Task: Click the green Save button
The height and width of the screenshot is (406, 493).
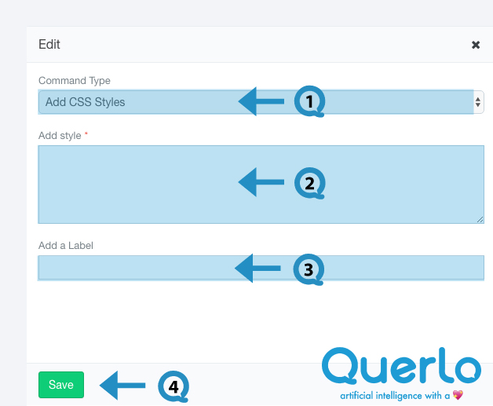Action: click(x=61, y=385)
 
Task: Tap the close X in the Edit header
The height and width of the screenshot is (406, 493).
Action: click(x=476, y=45)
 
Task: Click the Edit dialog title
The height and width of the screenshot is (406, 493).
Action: click(x=49, y=44)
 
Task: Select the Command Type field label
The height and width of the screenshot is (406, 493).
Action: click(x=75, y=81)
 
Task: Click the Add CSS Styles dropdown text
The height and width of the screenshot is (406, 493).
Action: click(x=86, y=102)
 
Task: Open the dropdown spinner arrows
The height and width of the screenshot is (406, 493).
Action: click(x=478, y=102)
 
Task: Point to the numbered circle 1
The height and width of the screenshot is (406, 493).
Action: click(x=309, y=101)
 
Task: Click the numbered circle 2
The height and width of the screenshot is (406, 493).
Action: click(x=309, y=183)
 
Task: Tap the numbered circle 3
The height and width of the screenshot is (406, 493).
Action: click(x=309, y=269)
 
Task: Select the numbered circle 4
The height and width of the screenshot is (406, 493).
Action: click(x=173, y=386)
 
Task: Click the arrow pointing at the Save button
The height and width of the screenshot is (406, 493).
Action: click(x=122, y=386)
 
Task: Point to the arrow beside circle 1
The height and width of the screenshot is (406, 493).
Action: click(x=261, y=101)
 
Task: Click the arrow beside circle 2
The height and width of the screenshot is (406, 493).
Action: click(x=261, y=182)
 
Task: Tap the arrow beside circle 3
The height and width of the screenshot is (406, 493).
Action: click(x=257, y=269)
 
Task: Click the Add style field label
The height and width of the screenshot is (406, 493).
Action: click(x=60, y=136)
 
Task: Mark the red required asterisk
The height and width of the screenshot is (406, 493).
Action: click(x=86, y=134)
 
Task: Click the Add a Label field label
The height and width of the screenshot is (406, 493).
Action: click(x=66, y=245)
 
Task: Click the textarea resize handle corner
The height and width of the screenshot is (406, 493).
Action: click(x=480, y=220)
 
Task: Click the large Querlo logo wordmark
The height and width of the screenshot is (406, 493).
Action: click(x=401, y=365)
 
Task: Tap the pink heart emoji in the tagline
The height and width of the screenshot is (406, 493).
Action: click(x=458, y=395)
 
